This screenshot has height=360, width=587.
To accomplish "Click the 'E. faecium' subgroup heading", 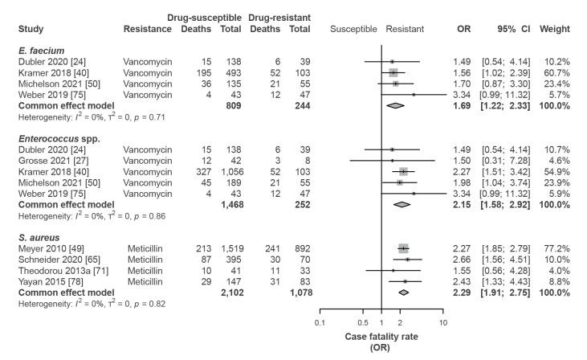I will coord(39,50).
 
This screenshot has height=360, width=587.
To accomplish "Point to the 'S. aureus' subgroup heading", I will coord(37,238).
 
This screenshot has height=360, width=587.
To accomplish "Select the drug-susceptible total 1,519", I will coord(228,249).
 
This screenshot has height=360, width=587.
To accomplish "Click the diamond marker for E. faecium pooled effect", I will coord(394,104).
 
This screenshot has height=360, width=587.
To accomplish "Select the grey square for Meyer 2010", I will coord(402,249).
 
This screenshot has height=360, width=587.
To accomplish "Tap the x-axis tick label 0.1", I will coord(321,323).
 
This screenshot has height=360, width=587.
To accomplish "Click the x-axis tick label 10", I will coord(442,323).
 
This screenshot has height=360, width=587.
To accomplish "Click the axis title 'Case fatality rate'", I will coord(381,337).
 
